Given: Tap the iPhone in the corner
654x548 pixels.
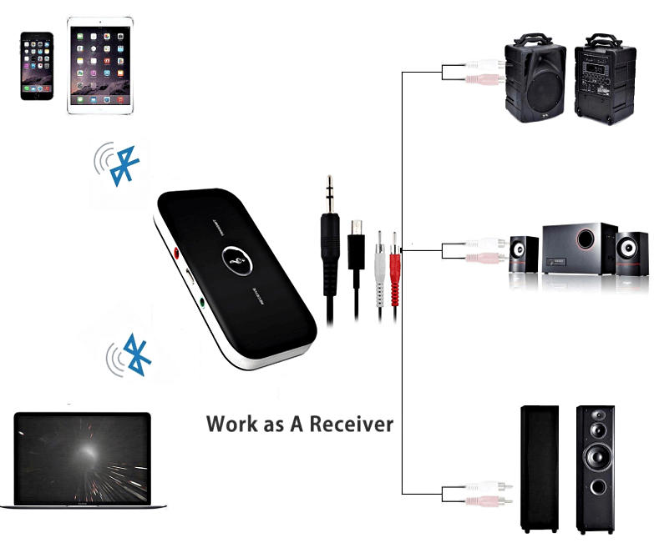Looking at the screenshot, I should pyautogui.click(x=37, y=66).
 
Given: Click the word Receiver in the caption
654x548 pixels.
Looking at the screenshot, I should pyautogui.click(x=351, y=424).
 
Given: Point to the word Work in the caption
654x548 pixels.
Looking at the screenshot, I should pyautogui.click(x=233, y=424).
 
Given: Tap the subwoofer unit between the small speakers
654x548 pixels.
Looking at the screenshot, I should pyautogui.click(x=580, y=248).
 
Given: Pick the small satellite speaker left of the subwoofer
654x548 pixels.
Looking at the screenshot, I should pyautogui.click(x=522, y=254).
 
